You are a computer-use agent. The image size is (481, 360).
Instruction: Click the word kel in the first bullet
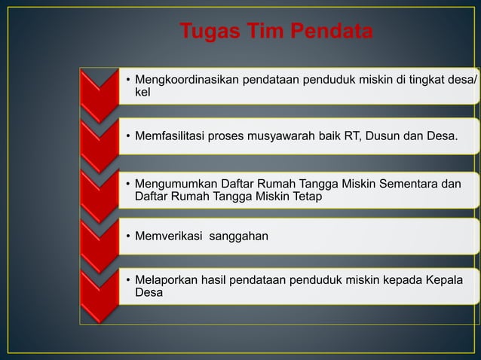[x=142, y=92]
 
